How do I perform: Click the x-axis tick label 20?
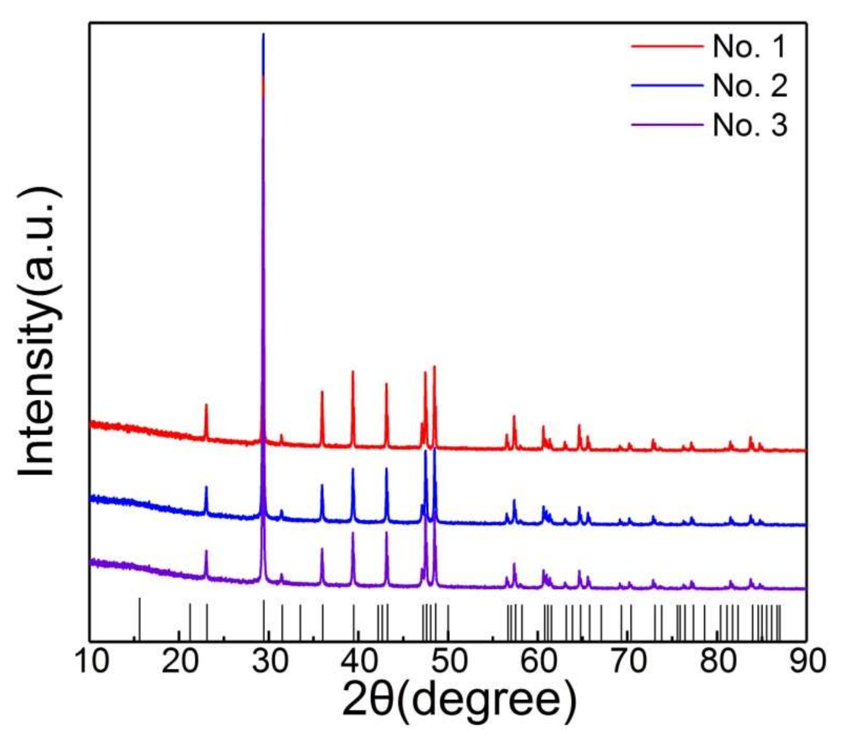pyautogui.click(x=180, y=663)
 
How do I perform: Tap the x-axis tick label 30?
pyautogui.click(x=269, y=663)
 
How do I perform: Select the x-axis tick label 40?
pyautogui.click(x=359, y=663)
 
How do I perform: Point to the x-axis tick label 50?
pyautogui.click(x=449, y=663)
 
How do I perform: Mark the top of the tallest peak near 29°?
pyautogui.click(x=264, y=34)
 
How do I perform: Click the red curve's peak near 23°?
pyautogui.click(x=206, y=405)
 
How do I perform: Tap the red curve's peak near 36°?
pyautogui.click(x=322, y=392)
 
